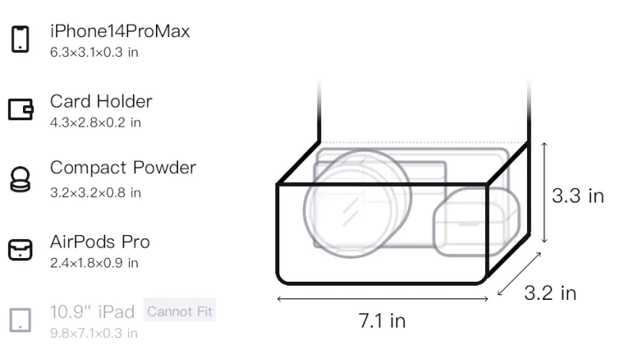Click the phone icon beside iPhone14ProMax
pyautogui.click(x=21, y=39)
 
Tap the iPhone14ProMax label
pyautogui.click(x=120, y=31)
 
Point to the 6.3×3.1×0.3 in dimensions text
pyautogui.click(x=94, y=52)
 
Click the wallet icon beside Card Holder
pyautogui.click(x=21, y=109)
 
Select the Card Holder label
pyautogui.click(x=101, y=101)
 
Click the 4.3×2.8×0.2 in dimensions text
pyautogui.click(x=96, y=123)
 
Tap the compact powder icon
pyautogui.click(x=20, y=179)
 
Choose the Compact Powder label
pyautogui.click(x=123, y=168)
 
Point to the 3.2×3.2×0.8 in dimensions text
pyautogui.click(x=96, y=192)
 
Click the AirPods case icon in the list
pyautogui.click(x=21, y=249)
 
